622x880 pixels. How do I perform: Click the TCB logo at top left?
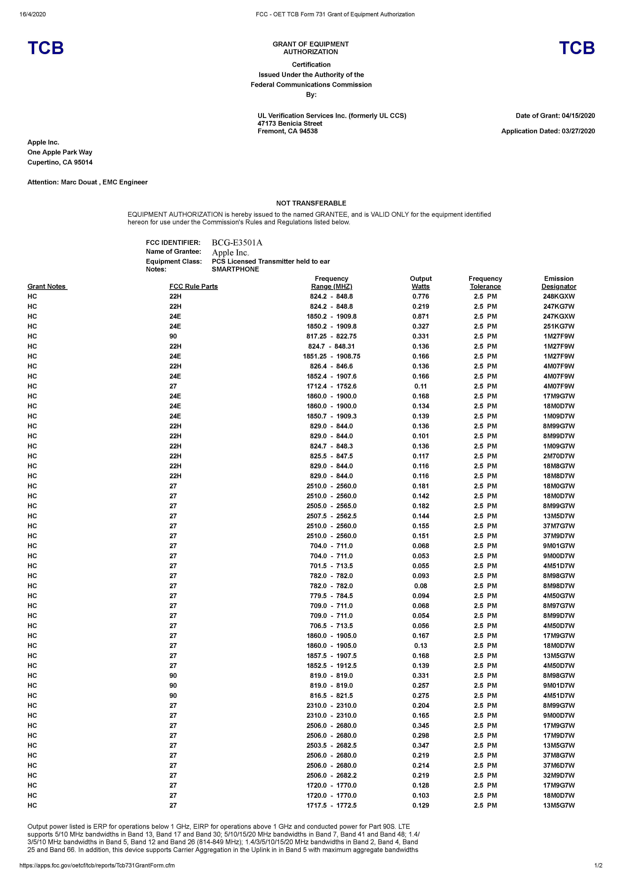coord(46,48)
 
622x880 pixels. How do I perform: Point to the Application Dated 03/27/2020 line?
coord(548,131)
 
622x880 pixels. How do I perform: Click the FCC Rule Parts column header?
coord(194,286)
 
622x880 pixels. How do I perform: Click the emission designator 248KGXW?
coord(559,296)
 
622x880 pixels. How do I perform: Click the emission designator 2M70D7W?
coord(559,456)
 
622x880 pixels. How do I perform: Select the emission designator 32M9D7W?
coord(559,775)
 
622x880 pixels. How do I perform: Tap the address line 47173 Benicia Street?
coord(290,123)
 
